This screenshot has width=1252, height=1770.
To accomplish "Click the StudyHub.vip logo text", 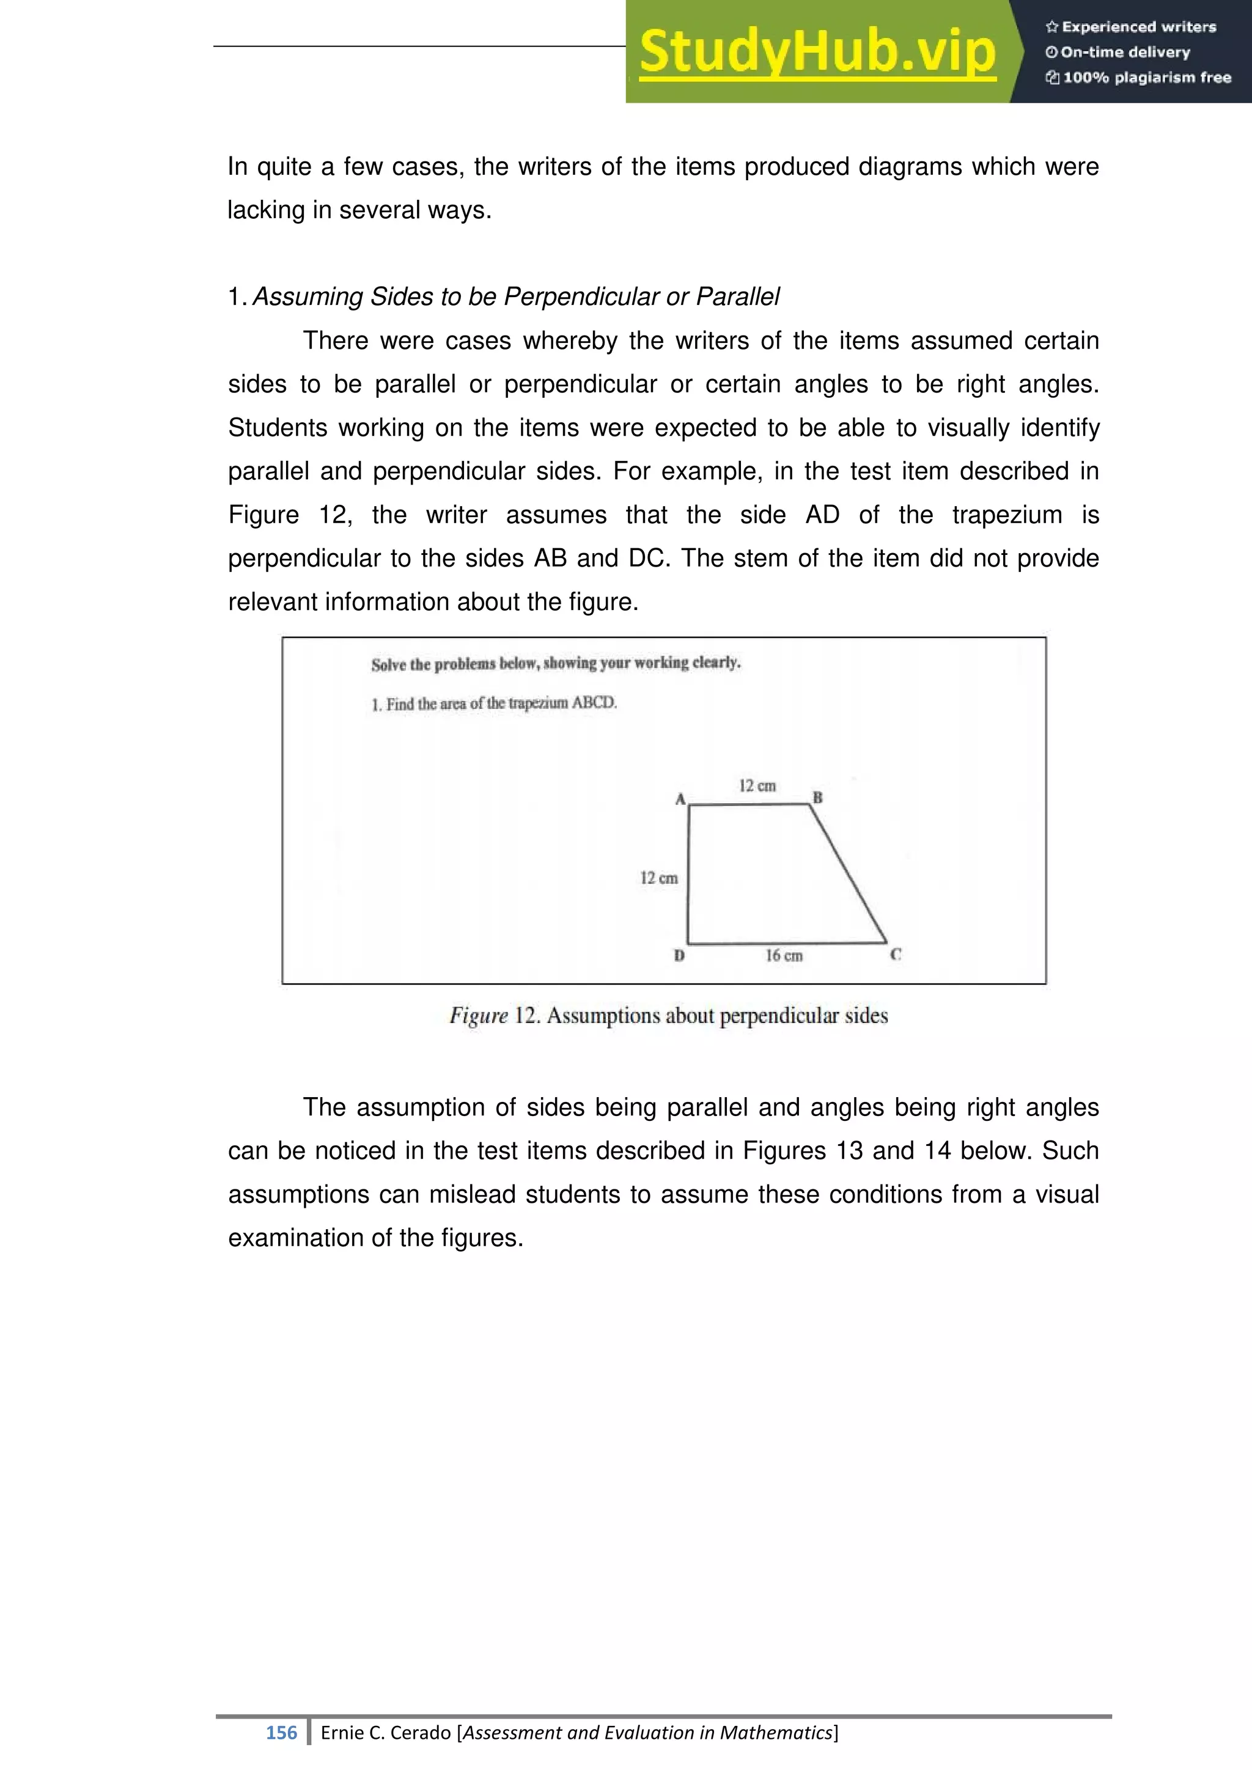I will click(x=817, y=52).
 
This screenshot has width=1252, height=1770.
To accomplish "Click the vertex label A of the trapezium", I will click(x=680, y=799).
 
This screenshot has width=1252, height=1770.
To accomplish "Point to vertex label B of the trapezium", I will click(x=818, y=797).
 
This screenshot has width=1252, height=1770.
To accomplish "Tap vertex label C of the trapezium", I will click(x=896, y=955).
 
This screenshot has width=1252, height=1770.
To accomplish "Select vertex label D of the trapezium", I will click(x=679, y=956).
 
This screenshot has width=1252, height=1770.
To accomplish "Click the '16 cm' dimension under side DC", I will click(x=784, y=956).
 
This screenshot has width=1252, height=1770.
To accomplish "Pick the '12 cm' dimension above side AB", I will click(x=757, y=785).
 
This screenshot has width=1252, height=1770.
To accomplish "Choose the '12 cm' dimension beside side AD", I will click(x=658, y=878).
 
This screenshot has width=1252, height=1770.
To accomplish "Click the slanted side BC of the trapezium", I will click(x=849, y=873).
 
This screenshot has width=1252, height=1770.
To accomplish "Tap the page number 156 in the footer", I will click(x=281, y=1732).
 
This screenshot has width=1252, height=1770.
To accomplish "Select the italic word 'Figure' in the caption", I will click(x=479, y=1016).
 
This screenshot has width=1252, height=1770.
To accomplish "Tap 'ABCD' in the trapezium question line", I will click(x=594, y=702).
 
